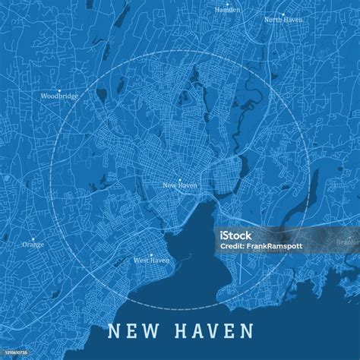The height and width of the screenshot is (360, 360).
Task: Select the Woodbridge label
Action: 58,96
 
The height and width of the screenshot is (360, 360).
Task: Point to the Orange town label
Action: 33,245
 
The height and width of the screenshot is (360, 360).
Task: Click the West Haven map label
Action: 151,261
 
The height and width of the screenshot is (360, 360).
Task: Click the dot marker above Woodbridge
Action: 58,90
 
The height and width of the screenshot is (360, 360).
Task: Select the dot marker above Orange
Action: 33,238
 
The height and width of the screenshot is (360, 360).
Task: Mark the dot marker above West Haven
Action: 151,254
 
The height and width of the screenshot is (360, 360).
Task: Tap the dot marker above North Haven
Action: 282,14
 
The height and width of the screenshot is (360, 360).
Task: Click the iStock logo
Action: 235,235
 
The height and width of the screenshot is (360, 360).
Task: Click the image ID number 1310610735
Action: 17,355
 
